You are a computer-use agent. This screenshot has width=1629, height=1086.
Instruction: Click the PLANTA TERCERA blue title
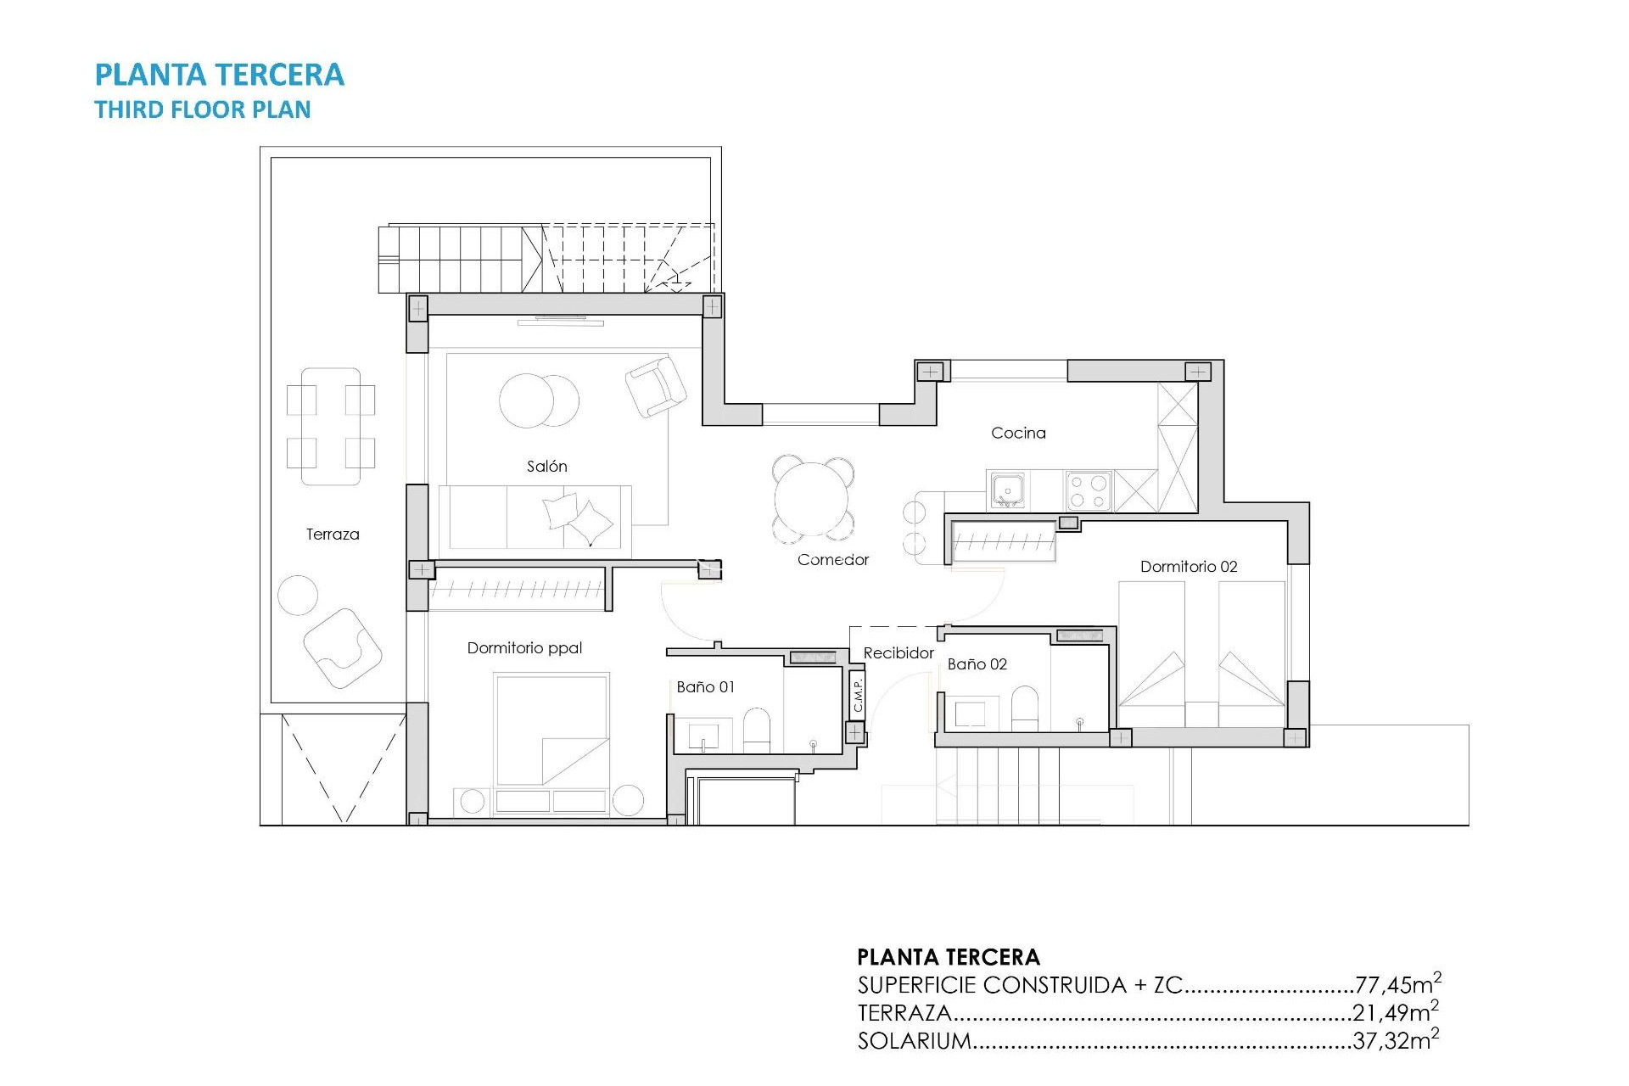tap(219, 75)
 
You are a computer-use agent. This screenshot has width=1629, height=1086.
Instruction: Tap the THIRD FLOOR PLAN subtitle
tap(202, 109)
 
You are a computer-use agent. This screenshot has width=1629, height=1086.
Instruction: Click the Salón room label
tap(546, 466)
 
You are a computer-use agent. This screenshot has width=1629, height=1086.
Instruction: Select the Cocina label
tap(1018, 433)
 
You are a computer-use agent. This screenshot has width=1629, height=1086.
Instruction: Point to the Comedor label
tap(832, 559)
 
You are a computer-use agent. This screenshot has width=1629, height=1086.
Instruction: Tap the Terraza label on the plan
tap(333, 534)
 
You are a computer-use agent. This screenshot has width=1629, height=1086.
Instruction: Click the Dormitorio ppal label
tap(524, 647)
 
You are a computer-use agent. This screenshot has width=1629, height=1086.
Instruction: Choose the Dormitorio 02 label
tap(1188, 566)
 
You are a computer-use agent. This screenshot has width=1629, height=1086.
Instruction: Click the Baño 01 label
tap(705, 686)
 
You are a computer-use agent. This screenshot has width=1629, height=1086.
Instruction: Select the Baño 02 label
tap(977, 663)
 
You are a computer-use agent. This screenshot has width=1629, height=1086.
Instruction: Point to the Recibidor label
tap(898, 652)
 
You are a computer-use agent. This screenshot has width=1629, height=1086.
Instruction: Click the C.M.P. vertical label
tap(857, 695)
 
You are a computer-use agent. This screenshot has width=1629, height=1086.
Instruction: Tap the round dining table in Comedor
tap(813, 499)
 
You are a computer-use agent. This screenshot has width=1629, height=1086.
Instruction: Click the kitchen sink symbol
tap(1007, 490)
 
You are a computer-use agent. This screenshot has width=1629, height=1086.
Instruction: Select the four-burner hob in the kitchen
tap(1089, 490)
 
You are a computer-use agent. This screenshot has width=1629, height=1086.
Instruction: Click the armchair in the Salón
tap(655, 386)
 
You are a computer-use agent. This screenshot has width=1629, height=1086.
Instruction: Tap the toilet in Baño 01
tap(756, 730)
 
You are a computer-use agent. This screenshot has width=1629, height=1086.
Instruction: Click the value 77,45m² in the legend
tap(1397, 984)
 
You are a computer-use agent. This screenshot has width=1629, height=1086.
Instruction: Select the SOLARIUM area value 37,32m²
tap(1395, 1040)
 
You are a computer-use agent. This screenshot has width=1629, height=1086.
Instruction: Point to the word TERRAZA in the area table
tap(904, 1013)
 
